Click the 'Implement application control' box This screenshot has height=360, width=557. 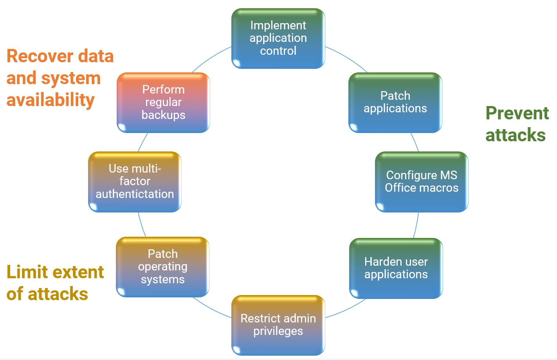(278, 38)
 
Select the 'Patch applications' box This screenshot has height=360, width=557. (395, 102)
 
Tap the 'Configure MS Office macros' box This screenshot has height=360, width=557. (421, 182)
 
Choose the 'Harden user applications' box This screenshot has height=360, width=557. (396, 268)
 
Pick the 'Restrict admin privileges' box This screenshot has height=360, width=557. (278, 325)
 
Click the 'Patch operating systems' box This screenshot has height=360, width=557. (162, 267)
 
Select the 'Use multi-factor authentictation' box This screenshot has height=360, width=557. (135, 182)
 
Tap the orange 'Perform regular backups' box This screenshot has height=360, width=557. (163, 102)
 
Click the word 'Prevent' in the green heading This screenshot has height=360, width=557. (517, 113)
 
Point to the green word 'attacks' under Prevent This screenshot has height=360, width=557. (515, 135)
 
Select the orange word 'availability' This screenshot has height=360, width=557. (50, 100)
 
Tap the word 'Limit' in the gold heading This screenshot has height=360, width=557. (27, 272)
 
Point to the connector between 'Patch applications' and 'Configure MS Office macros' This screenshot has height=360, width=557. (415, 142)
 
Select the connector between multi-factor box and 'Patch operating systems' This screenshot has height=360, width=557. (141, 225)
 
